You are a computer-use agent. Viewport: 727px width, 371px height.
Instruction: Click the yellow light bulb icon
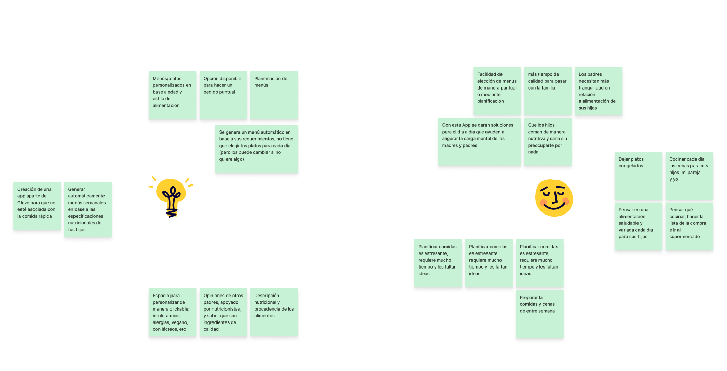(171, 196)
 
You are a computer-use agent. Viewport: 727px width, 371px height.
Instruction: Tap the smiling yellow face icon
(554, 198)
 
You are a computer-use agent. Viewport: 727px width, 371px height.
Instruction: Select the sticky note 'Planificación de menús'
(274, 95)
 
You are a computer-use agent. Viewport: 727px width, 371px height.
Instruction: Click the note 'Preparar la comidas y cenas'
(539, 314)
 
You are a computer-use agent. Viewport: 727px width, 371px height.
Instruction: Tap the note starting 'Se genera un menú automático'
(257, 149)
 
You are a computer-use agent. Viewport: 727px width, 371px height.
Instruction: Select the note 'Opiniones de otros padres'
(223, 312)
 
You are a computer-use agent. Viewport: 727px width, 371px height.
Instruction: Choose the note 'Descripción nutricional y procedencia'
(274, 312)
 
